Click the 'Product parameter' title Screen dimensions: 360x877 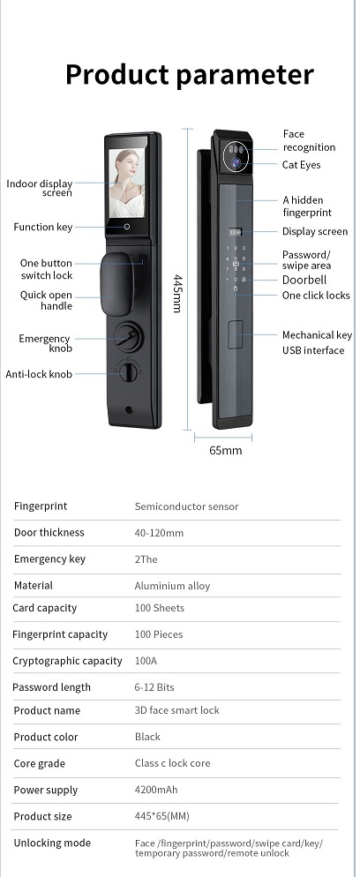coord(190,75)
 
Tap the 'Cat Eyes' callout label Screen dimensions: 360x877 coord(301,165)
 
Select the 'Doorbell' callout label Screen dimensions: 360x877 coord(304,281)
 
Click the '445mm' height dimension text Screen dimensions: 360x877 coord(176,294)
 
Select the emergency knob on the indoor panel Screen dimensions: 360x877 coord(128,336)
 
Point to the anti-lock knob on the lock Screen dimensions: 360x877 coord(129,371)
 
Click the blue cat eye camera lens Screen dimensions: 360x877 coord(236,162)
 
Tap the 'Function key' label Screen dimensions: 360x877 coord(43,227)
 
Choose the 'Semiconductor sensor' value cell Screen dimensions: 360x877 coord(187,506)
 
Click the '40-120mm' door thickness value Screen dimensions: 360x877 coord(159,533)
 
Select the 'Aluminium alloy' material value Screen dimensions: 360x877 coord(172,586)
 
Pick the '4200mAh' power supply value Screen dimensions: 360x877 coord(156,790)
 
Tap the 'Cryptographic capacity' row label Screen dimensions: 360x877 coord(67,661)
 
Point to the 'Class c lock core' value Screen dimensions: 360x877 coord(173,763)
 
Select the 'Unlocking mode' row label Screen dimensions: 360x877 coord(52,843)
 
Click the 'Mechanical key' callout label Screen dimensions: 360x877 coord(317,335)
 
